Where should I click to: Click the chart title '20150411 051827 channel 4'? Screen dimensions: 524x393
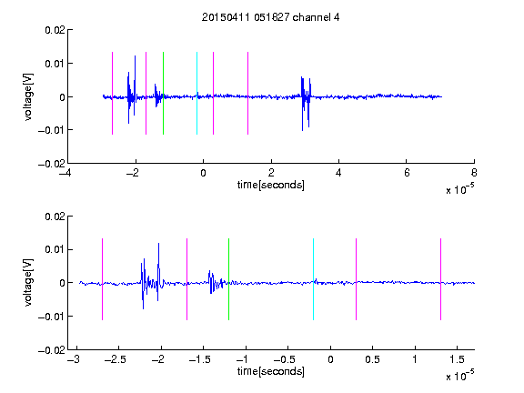[x=270, y=17]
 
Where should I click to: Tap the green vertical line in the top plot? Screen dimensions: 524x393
[x=163, y=93]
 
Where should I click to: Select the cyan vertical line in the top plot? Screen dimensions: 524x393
[x=196, y=93]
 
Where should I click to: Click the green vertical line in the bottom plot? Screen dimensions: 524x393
[x=228, y=279]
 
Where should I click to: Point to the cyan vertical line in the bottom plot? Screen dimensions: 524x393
[x=313, y=279]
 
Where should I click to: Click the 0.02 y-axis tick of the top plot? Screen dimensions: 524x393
[x=55, y=30]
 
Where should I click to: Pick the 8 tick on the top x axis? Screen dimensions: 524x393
[x=474, y=173]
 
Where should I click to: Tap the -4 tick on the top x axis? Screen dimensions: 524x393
[x=65, y=173]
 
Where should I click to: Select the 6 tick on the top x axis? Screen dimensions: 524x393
[x=407, y=173]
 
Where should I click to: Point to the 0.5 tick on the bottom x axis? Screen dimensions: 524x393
[x=372, y=359]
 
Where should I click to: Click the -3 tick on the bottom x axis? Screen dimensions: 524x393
[x=74, y=359]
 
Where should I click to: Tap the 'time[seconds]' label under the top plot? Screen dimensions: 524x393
[x=271, y=185]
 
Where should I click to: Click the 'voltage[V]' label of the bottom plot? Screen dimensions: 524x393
[x=28, y=282]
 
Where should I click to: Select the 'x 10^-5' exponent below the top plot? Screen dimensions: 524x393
[x=460, y=189]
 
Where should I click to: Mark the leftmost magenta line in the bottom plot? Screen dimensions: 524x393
[x=102, y=279]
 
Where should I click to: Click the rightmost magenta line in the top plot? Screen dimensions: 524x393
[x=247, y=93]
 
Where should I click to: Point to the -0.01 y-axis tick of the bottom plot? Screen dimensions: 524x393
[x=52, y=317]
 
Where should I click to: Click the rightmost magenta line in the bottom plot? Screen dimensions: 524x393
[x=440, y=279]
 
